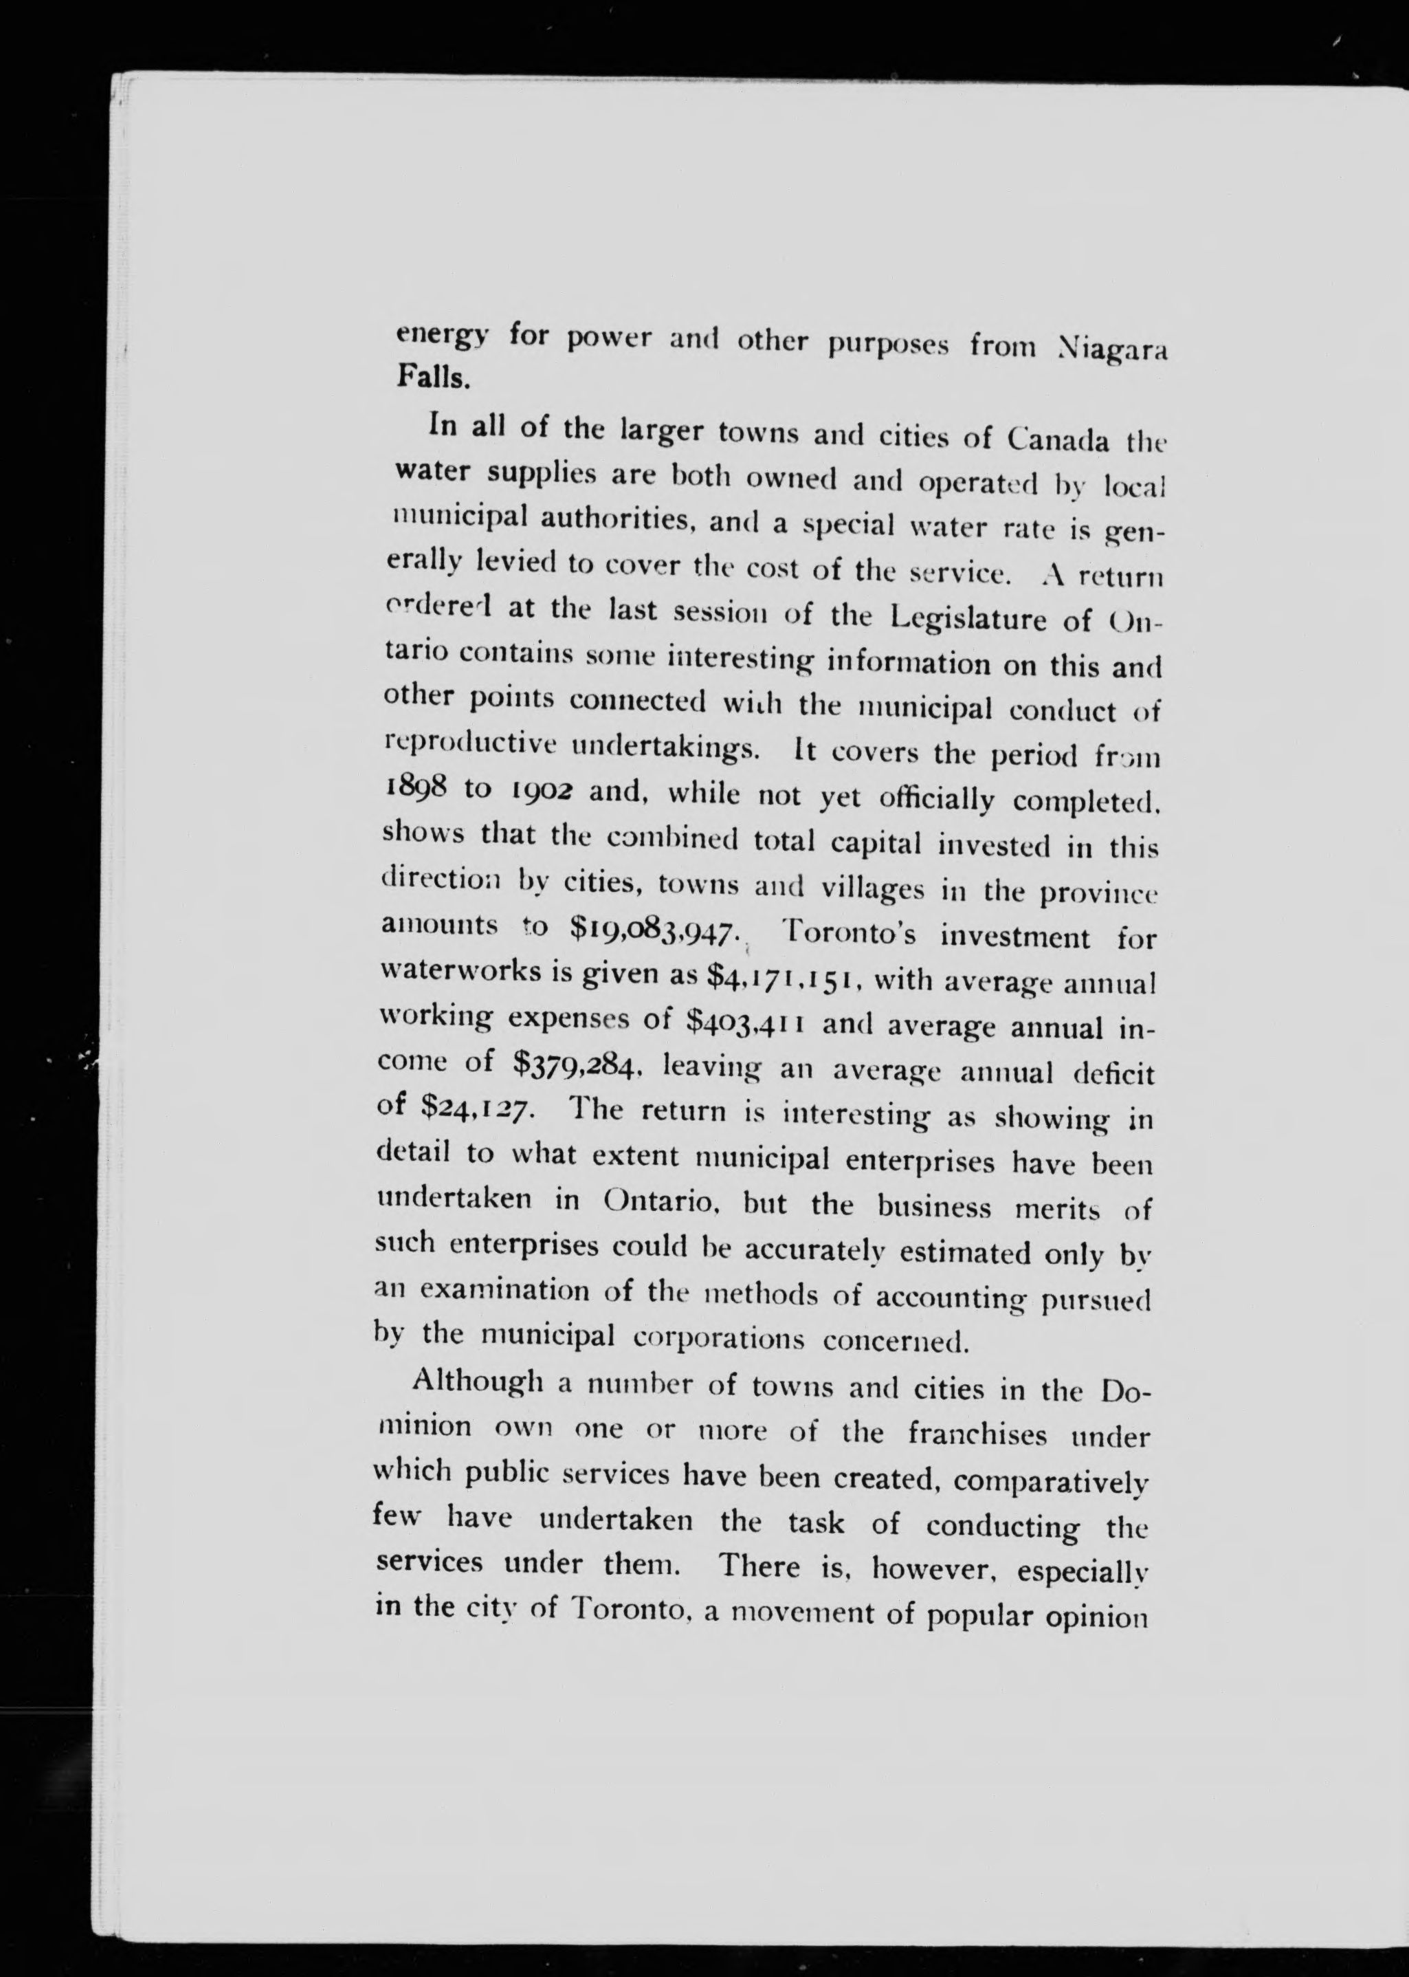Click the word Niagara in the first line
click(x=1113, y=350)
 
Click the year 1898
click(x=414, y=787)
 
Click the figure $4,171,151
click(x=784, y=977)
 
